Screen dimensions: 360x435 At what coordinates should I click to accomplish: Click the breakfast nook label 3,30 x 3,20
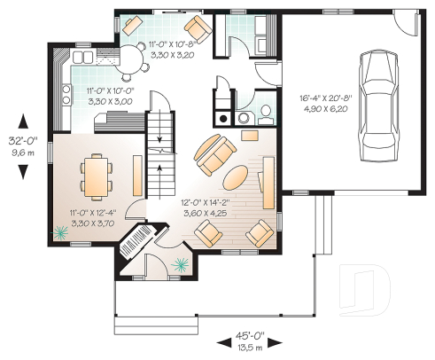172,55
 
